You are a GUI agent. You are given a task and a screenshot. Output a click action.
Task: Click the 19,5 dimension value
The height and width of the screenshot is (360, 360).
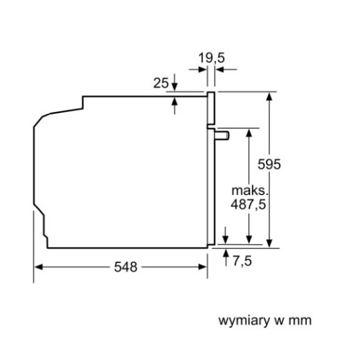coord(211,58)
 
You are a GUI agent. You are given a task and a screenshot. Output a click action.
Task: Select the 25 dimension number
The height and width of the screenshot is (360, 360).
coord(161,83)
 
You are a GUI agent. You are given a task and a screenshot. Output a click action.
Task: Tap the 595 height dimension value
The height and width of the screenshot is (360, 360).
coord(269,164)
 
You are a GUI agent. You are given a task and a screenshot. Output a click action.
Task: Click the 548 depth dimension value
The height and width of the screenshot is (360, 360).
coord(126,267)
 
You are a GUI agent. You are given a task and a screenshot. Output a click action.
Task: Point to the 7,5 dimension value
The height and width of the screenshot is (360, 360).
coord(242,261)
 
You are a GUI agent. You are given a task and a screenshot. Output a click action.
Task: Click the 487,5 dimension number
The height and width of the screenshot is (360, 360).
coord(248,204)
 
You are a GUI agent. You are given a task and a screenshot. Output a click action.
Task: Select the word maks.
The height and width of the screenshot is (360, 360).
coord(250,190)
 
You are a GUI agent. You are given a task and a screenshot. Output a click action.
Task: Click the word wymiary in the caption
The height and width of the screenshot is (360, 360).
coord(244,321)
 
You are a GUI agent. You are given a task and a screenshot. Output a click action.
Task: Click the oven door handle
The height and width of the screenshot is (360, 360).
coord(222,135)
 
